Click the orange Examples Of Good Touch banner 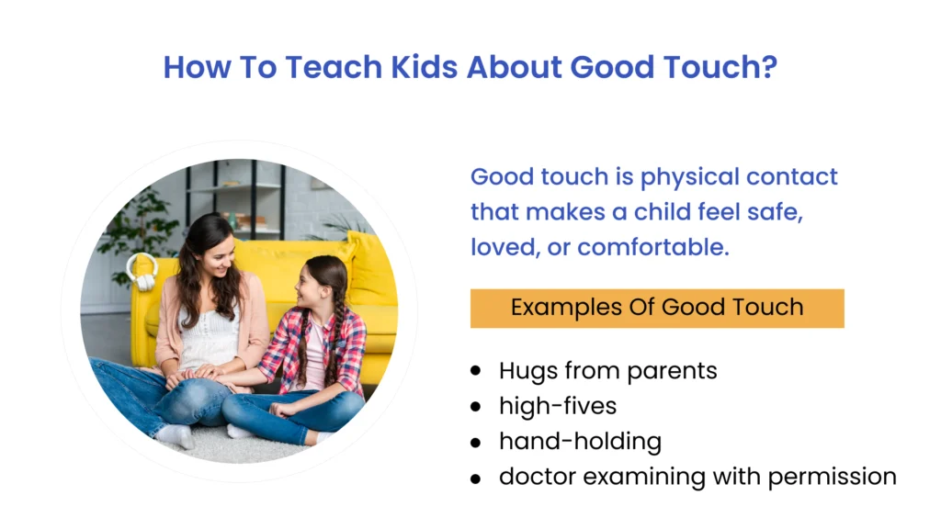tap(656, 308)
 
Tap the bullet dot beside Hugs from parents tap(475, 371)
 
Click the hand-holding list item tap(580, 441)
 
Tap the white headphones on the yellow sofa tap(142, 272)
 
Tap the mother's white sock tap(174, 434)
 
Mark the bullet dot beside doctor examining tap(475, 478)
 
